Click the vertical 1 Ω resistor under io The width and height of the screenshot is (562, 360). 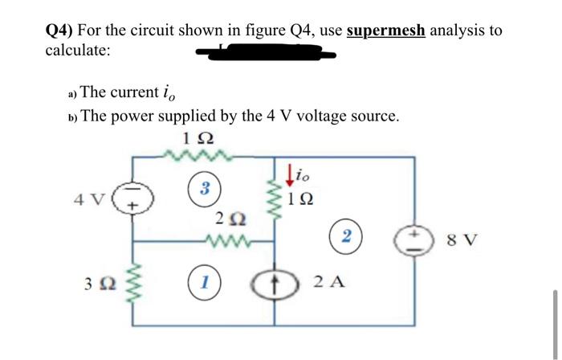tap(275, 198)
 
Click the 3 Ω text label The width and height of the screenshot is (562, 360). tap(96, 283)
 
